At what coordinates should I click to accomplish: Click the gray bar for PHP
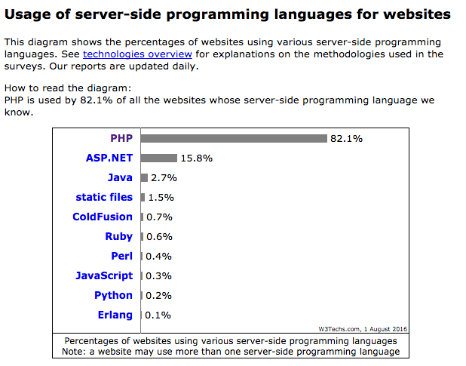pos(234,138)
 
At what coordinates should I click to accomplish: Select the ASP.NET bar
pos(158,158)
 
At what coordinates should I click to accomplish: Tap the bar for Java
pos(144,177)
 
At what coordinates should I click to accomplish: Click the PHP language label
pos(121,138)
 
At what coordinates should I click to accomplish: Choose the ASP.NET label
pos(109,158)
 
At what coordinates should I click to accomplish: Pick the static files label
pos(104,197)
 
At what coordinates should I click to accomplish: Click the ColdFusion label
pos(103,217)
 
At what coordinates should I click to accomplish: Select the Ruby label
pos(119,236)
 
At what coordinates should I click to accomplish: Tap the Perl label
pos(121,256)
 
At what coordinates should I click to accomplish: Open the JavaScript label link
pos(104,275)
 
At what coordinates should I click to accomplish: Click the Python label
pos(113,295)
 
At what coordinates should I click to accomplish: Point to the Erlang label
pos(115,315)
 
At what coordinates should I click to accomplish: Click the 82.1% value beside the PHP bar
pos(346,139)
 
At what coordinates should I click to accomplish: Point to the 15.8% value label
pos(196,158)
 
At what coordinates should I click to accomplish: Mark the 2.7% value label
pos(164,178)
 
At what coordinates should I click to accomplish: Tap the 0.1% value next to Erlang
pos(158,315)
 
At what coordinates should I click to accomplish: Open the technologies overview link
pos(137,54)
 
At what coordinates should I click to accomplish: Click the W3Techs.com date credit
pos(363,328)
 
